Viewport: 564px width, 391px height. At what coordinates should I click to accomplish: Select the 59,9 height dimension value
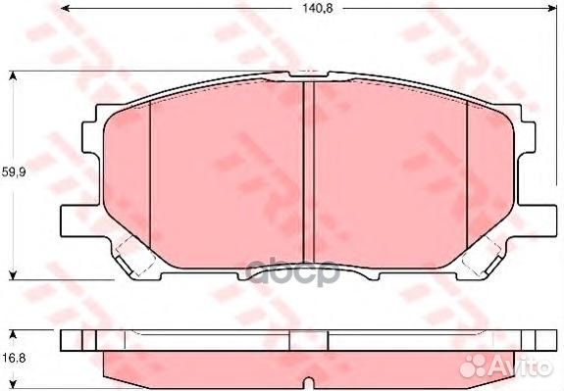pos(13,171)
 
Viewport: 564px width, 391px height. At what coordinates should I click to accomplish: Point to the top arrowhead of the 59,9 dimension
pos(13,74)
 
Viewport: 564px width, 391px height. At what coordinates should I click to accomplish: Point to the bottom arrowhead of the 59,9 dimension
pos(13,273)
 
